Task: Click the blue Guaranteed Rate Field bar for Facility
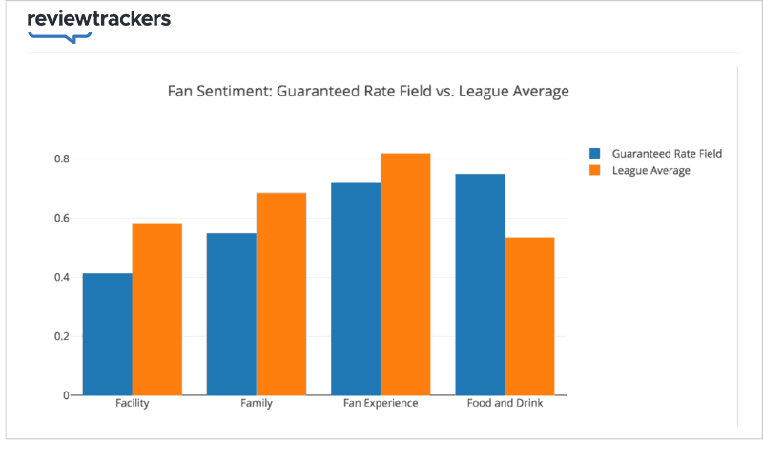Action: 108,334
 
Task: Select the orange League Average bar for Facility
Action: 157,309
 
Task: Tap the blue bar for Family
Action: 232,314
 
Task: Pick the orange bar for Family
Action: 281,294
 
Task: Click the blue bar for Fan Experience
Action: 356,288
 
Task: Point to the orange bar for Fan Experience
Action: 405,274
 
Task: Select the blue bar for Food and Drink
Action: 480,285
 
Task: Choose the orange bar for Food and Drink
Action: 529,316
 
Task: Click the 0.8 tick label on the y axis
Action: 61,159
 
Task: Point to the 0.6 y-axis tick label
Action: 61,218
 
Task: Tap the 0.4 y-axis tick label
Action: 61,277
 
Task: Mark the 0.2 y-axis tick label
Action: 61,336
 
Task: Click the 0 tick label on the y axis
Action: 66,395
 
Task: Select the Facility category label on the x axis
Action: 132,404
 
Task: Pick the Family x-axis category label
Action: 257,404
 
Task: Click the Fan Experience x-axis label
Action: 381,404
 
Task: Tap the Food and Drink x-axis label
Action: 505,404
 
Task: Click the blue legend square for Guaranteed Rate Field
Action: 595,153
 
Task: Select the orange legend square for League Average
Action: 595,170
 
